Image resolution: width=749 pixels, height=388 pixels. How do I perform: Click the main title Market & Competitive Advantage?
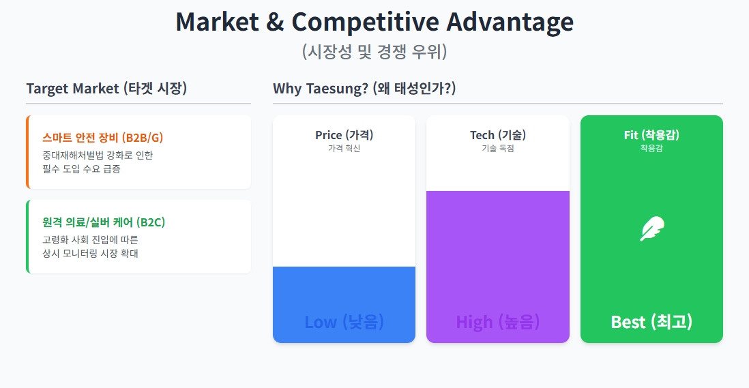(374, 22)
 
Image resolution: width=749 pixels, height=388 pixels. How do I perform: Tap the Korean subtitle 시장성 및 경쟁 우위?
(374, 52)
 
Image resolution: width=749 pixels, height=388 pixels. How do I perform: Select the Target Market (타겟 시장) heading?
(106, 89)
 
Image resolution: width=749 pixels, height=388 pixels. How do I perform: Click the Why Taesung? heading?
(364, 89)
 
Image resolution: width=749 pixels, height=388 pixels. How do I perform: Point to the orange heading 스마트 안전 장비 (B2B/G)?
(102, 138)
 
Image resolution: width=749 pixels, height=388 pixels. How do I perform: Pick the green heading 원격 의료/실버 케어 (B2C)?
(104, 222)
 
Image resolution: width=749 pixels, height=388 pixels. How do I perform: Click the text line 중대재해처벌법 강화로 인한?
(98, 155)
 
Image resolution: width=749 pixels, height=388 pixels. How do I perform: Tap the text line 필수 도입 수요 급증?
(81, 168)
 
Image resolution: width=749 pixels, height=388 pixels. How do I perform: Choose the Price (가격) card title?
(344, 135)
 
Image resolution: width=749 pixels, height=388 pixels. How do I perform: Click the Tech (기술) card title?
(498, 135)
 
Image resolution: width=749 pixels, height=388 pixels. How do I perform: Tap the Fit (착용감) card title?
(651, 135)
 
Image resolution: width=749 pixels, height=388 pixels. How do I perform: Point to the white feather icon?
(651, 229)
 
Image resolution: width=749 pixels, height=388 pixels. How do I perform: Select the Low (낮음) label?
(344, 322)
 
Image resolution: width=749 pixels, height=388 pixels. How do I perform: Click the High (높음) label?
(498, 322)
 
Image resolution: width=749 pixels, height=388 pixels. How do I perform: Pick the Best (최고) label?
(651, 322)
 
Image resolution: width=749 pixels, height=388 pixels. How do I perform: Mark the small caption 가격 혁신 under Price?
(344, 148)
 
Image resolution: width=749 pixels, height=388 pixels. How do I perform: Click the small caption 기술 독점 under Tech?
(498, 148)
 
